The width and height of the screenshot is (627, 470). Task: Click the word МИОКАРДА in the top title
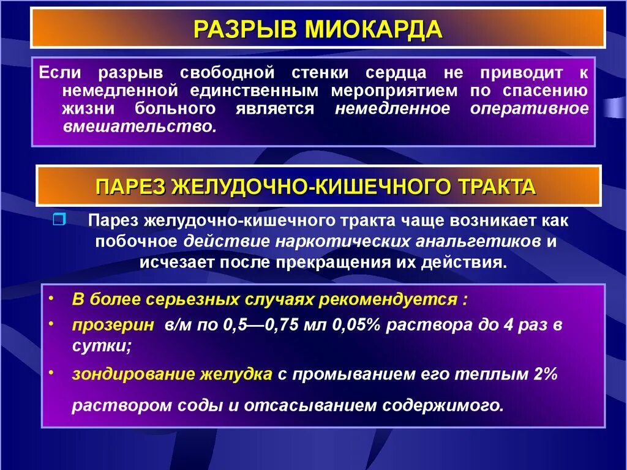coord(374,29)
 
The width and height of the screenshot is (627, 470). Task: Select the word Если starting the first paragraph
coord(58,73)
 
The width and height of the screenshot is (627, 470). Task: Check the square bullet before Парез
coord(59,220)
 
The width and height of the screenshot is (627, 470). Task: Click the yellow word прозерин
coord(113,324)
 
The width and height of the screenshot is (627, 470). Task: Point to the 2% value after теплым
coord(544,374)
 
